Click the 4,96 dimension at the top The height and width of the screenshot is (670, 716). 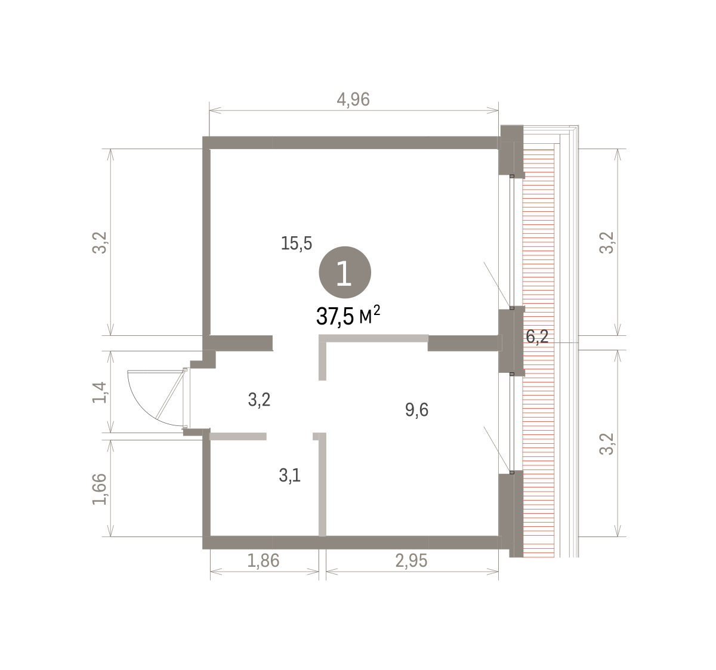(353, 100)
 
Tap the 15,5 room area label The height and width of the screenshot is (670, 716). (297, 243)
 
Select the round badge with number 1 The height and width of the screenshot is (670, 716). (345, 272)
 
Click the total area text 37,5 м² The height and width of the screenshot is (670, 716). (348, 316)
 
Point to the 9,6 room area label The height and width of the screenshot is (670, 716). (416, 410)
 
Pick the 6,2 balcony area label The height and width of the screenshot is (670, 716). (537, 337)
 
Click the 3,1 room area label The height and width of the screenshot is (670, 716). (289, 476)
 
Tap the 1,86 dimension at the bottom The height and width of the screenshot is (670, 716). (263, 561)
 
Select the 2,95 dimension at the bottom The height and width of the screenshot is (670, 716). (411, 561)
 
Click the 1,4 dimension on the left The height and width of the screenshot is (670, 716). (100, 393)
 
